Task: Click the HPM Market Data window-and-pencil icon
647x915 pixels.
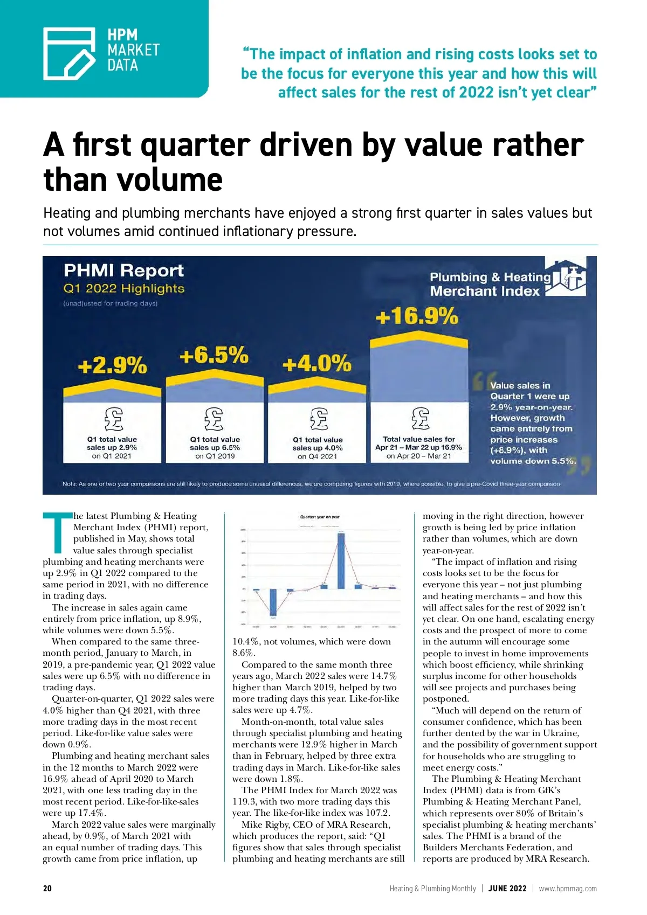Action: tap(69, 53)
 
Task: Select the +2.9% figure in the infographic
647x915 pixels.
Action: tap(112, 365)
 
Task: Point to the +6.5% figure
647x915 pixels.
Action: tap(214, 356)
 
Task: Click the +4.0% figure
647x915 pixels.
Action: tap(316, 364)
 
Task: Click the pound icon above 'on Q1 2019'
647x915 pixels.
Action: tap(214, 419)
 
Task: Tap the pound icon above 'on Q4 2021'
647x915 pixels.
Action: tap(319, 419)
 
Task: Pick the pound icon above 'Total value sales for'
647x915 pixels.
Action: tap(420, 419)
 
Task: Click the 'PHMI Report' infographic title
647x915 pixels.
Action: tap(123, 271)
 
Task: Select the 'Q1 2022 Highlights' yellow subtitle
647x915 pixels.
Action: tap(123, 289)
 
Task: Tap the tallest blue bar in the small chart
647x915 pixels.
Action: tap(341, 560)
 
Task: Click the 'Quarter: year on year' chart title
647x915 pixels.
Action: tap(320, 517)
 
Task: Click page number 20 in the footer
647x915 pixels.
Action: tap(47, 888)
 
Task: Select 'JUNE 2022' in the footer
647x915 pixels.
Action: tap(507, 888)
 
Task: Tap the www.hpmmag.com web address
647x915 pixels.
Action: tap(568, 888)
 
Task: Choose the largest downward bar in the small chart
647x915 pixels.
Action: tap(273, 602)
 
